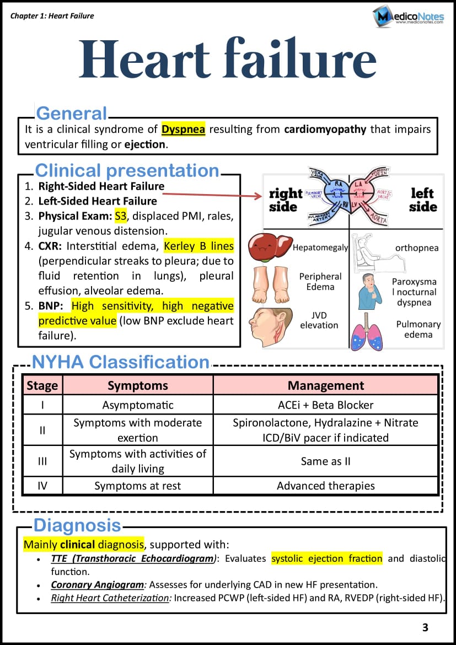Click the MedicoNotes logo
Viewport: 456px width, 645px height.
coord(408,17)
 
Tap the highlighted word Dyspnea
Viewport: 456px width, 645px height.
coord(183,130)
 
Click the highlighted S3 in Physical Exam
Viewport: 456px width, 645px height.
coord(121,215)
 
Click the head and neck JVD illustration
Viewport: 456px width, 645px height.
coord(271,326)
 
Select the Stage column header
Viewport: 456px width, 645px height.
coord(42,385)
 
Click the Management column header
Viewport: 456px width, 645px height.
coord(326,385)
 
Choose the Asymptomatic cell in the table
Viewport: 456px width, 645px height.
coord(138,405)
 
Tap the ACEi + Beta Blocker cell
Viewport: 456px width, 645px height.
coord(326,405)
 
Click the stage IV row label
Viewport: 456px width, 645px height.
coord(42,486)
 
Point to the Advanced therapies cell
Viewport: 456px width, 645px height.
coord(326,486)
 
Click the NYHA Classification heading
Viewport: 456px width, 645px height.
coord(121,362)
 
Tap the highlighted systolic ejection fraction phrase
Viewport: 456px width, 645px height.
coord(326,558)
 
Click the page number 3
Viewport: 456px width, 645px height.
coord(425,627)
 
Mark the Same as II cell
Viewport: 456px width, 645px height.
coord(326,461)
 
